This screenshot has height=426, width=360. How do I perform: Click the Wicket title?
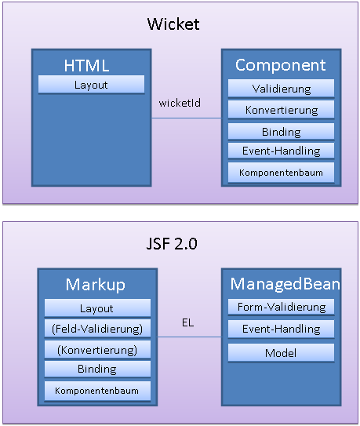[173, 24]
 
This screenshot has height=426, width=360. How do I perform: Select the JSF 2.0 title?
[172, 243]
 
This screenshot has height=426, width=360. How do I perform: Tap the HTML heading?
[87, 65]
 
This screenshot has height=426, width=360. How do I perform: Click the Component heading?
[281, 65]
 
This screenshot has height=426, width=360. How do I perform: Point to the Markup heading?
[96, 285]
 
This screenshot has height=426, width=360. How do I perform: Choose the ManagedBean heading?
[285, 284]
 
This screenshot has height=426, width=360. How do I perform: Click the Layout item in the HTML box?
[91, 85]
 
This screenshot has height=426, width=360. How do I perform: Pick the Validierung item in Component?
[282, 89]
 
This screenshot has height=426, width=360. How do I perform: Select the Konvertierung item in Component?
[282, 110]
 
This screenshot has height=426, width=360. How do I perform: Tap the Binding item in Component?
[282, 132]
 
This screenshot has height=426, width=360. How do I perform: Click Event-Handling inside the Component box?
[282, 151]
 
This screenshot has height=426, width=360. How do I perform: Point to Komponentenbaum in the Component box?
[282, 173]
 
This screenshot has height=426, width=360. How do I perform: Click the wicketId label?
[180, 103]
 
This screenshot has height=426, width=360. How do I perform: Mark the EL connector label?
[187, 322]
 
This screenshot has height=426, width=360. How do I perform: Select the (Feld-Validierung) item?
[97, 329]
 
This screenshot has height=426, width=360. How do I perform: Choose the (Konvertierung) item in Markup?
[97, 350]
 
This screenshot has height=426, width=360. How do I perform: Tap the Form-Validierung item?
[282, 307]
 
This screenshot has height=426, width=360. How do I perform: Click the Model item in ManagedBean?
[282, 353]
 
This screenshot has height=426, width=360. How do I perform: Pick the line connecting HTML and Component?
[187, 118]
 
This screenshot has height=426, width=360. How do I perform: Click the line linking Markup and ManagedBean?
[189, 337]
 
